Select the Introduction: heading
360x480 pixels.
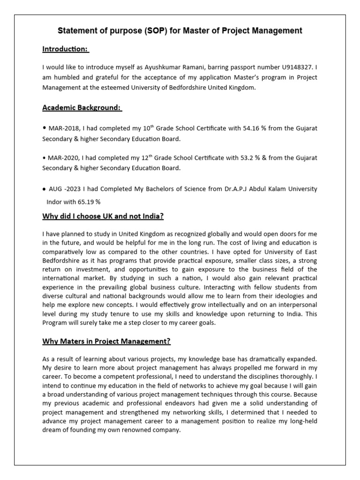66,49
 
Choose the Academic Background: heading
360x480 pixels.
82,108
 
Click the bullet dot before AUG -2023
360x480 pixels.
44,189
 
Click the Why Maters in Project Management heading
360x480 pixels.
106,341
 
